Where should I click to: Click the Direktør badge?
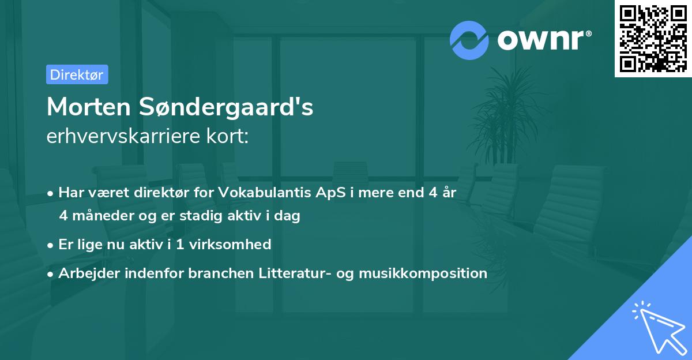[77, 74]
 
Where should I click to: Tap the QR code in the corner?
[653, 38]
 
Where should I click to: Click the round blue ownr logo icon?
[469, 40]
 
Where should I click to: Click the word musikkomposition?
[423, 273]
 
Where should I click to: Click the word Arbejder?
[84, 273]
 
